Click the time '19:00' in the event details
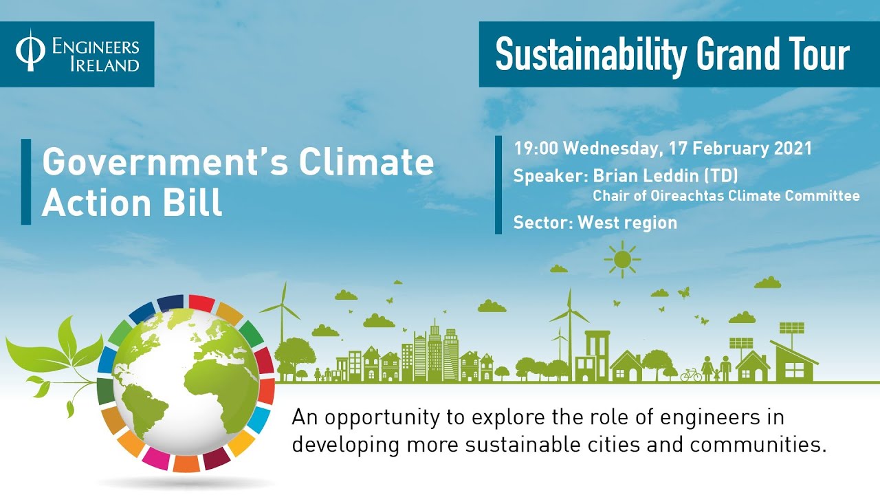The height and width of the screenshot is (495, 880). click(536, 148)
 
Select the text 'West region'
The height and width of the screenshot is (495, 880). click(627, 222)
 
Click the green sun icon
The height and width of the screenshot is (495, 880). click(622, 259)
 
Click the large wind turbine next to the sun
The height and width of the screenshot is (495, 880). click(569, 323)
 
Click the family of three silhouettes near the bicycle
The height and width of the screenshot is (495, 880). click(716, 368)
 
